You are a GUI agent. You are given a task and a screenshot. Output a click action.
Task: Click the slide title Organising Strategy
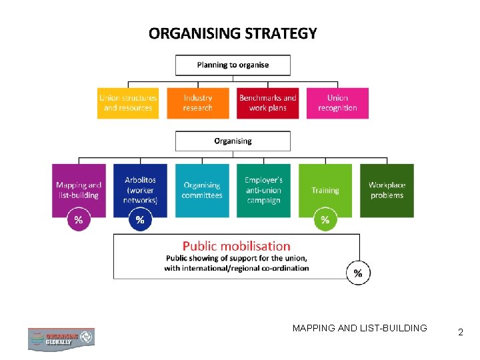click(x=233, y=33)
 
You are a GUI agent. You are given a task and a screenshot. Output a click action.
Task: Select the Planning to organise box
click(x=233, y=65)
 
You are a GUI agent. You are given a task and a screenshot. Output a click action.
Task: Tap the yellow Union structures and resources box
click(x=128, y=103)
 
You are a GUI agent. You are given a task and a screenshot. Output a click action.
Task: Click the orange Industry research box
click(x=198, y=103)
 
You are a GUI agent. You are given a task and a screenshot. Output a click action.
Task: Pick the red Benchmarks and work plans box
click(x=267, y=103)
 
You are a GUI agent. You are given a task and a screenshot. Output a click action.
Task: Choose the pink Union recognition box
click(x=337, y=103)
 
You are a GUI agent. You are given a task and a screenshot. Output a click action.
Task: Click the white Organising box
click(x=233, y=141)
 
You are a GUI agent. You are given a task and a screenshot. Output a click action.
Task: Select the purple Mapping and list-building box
click(x=79, y=190)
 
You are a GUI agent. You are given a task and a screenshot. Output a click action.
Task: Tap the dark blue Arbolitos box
click(x=140, y=190)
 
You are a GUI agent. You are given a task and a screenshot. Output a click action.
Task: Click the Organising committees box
click(x=202, y=190)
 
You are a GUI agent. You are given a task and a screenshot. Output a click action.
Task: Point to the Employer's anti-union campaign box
click(x=263, y=190)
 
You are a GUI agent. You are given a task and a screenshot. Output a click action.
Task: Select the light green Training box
click(x=325, y=190)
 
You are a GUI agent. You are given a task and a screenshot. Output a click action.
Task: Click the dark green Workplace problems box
click(x=387, y=190)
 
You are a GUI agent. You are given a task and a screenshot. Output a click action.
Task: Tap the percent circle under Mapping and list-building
click(x=79, y=219)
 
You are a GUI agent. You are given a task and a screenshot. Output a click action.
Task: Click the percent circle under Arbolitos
click(x=140, y=219)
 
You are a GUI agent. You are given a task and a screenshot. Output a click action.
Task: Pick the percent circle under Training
click(x=325, y=219)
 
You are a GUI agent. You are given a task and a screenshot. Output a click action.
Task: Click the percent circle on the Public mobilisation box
click(x=359, y=272)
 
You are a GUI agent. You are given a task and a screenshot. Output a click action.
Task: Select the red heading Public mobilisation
click(x=237, y=246)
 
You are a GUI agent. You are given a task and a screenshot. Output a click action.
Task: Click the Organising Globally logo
click(x=61, y=339)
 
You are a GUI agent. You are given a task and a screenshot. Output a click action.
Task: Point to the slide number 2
click(x=460, y=331)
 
